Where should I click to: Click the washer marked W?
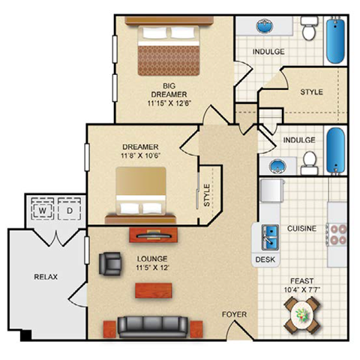(42, 208)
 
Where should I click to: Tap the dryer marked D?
(70, 208)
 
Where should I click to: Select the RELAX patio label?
(46, 277)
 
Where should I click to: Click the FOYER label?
(234, 314)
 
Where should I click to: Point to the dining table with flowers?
(302, 315)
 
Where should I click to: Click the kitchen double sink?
(270, 237)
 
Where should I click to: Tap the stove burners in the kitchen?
(337, 235)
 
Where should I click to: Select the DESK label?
(265, 259)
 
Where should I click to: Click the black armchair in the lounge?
(110, 263)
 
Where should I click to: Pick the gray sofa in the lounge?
(153, 327)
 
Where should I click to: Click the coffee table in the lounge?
(154, 290)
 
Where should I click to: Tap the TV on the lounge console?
(154, 235)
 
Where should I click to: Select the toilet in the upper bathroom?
(309, 28)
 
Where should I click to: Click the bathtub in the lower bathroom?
(336, 151)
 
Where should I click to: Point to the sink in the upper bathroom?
(265, 25)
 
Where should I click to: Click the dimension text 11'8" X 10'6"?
(141, 156)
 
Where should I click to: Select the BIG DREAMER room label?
(169, 90)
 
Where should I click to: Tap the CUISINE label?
(301, 229)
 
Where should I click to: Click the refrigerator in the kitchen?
(272, 190)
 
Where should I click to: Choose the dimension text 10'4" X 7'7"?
(302, 290)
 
